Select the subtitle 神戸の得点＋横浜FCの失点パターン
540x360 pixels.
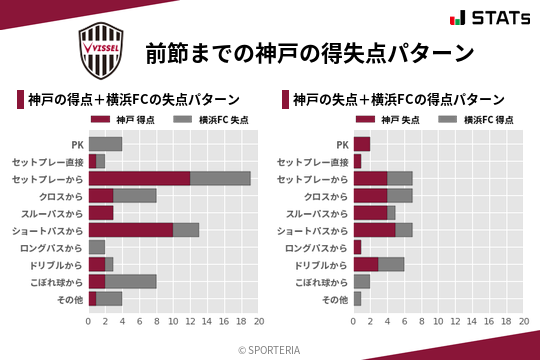pyautogui.click(x=133, y=99)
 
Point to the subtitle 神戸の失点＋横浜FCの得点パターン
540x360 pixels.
pyautogui.click(x=398, y=99)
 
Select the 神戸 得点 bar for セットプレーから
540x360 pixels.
pyautogui.click(x=139, y=178)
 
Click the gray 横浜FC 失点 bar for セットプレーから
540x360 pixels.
pyautogui.click(x=220, y=178)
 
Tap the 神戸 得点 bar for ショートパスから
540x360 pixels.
pyautogui.click(x=131, y=230)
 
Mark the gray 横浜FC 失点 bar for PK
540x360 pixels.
pyautogui.click(x=105, y=144)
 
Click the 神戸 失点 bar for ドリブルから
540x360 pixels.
pyautogui.click(x=366, y=264)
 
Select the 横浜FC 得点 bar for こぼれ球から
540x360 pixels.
pyautogui.click(x=362, y=281)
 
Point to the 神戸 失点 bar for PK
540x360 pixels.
pyautogui.click(x=362, y=144)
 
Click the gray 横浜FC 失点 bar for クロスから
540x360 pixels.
pyautogui.click(x=135, y=195)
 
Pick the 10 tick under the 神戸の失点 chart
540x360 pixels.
pyautogui.click(x=439, y=322)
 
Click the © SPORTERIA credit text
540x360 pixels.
pyautogui.click(x=270, y=349)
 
